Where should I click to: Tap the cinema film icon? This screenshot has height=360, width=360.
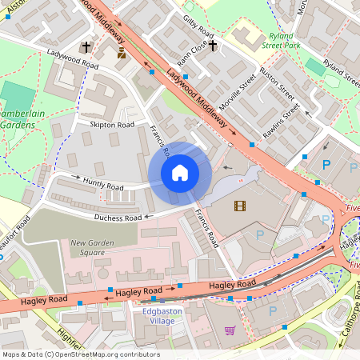[240, 206]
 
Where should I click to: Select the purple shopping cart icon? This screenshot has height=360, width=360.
[230, 330]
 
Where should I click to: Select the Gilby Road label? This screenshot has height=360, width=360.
[199, 25]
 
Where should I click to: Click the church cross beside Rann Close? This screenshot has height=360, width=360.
[213, 47]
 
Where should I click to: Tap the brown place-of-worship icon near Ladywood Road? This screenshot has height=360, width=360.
[121, 53]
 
